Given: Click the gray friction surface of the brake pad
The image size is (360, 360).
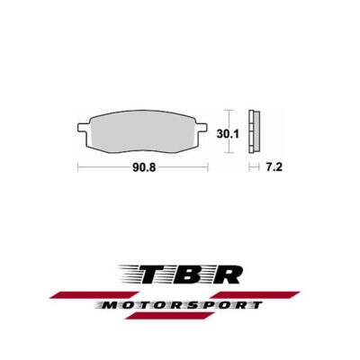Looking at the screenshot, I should click(x=144, y=130).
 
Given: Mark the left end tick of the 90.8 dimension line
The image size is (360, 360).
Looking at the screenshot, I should click(x=79, y=167).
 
